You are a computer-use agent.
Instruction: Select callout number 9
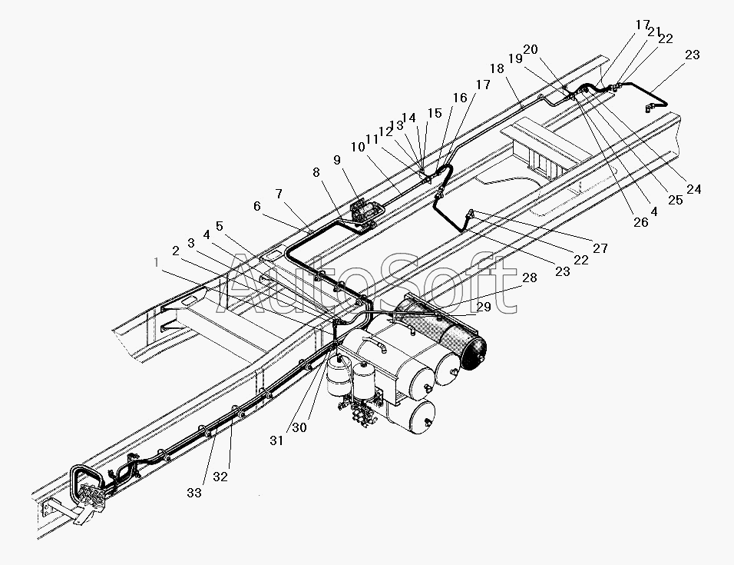tap(337, 160)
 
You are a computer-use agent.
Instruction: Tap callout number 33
tap(194, 493)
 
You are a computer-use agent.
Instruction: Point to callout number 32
tap(220, 477)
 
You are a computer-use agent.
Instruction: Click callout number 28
tap(530, 278)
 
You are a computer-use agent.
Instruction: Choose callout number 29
tap(484, 307)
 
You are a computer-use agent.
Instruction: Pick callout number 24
tap(694, 189)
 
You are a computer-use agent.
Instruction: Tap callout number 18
tap(497, 68)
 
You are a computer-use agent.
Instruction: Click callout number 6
tap(257, 206)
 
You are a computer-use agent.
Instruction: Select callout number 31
tap(276, 440)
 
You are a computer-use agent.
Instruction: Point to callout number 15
tap(435, 113)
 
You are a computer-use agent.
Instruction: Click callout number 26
tap(641, 222)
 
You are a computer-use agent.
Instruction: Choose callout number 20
tap(531, 49)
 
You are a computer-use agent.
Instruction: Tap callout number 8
tap(316, 172)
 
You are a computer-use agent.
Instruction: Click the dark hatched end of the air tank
tap(474, 347)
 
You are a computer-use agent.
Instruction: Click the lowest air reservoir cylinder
tap(412, 416)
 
